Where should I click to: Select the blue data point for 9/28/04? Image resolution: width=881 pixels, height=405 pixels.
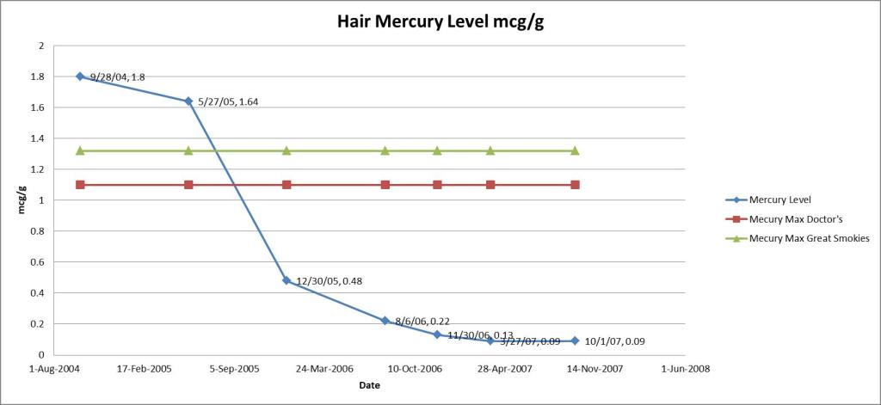(x=80, y=77)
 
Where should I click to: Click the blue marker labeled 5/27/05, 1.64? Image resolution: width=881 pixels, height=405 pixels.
(x=188, y=101)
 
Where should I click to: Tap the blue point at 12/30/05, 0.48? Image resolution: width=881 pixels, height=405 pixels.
(x=286, y=280)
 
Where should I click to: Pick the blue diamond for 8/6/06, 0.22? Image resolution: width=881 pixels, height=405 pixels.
(x=385, y=321)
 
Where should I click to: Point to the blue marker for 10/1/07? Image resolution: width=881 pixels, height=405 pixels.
(x=575, y=341)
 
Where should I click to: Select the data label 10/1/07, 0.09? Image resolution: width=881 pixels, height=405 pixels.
(x=614, y=341)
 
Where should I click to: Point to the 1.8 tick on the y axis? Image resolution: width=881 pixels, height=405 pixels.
(x=37, y=77)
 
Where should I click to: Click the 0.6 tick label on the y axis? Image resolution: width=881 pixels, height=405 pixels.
(x=37, y=262)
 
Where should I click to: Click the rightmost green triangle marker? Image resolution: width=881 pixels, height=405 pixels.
(x=575, y=150)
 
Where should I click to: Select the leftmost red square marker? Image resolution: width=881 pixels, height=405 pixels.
(x=80, y=185)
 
